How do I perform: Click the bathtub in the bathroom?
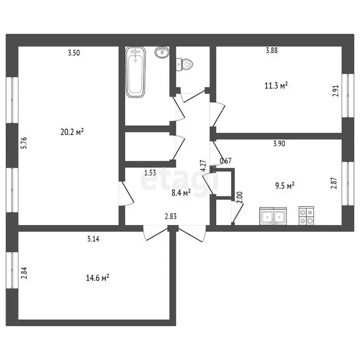[x=136, y=73]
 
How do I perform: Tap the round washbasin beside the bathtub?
[x=161, y=52]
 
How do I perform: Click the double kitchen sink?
[x=272, y=217]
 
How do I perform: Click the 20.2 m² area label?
[x=72, y=133]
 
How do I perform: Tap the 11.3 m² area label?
[x=276, y=85]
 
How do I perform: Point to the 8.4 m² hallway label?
[x=180, y=193]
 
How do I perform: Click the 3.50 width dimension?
[x=74, y=53]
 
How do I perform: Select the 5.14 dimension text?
[x=94, y=239]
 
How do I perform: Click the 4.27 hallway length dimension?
[x=203, y=167]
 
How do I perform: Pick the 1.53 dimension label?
[x=150, y=172]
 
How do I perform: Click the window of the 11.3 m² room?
[x=348, y=95]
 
